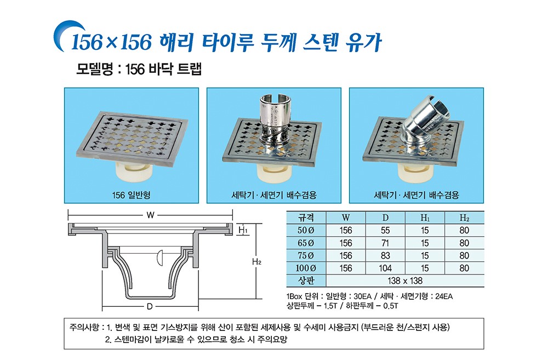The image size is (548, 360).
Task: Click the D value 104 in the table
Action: click(x=385, y=268)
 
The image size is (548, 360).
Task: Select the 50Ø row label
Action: click(x=306, y=230)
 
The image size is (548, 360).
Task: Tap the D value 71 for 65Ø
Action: click(x=385, y=243)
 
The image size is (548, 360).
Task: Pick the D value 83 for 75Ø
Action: click(x=385, y=255)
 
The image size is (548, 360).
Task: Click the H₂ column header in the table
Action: click(x=464, y=218)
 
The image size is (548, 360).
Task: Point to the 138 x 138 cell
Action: click(x=405, y=281)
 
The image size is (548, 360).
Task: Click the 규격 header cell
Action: click(x=306, y=218)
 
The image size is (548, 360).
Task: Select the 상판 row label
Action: click(x=306, y=281)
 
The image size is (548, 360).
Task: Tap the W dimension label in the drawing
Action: click(x=150, y=215)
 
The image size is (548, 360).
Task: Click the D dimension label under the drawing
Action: click(x=150, y=306)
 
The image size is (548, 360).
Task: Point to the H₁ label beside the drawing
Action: click(x=243, y=230)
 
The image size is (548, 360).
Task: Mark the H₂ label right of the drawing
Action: click(x=256, y=261)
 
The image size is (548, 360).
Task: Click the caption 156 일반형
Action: click(x=131, y=195)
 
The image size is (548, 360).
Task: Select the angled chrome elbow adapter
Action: click(x=427, y=122)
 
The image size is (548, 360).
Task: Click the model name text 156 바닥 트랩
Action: click(x=163, y=69)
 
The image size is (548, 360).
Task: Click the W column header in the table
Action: click(x=346, y=218)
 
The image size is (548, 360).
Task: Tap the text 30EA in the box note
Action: click(x=362, y=296)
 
